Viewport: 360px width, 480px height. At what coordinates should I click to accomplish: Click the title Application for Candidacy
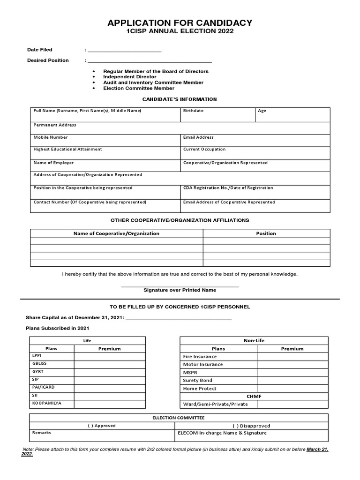180,22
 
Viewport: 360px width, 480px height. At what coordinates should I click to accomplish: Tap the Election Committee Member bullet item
138,88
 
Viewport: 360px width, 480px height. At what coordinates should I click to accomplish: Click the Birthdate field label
193,111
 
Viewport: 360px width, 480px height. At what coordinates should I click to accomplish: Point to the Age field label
262,111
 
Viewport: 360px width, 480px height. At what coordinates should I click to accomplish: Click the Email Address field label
198,137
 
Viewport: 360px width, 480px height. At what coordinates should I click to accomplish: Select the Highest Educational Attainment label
67,150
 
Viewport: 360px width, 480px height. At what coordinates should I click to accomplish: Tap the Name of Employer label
53,163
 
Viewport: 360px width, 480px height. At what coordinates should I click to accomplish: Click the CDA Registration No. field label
228,187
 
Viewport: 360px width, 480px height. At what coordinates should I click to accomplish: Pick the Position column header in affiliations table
266,233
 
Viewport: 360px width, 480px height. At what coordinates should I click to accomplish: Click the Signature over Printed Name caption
180,290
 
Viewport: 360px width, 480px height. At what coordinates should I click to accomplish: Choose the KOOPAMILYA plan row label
46,403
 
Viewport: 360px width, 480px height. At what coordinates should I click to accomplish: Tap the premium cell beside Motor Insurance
292,365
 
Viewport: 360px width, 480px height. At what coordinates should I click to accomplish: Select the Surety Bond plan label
197,381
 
